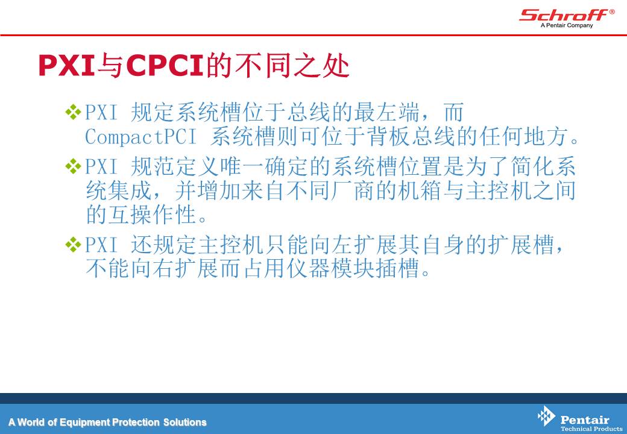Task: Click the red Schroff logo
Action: click(x=564, y=15)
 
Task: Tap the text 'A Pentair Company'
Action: click(x=567, y=25)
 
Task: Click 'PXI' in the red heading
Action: click(x=67, y=65)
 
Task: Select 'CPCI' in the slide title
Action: click(x=165, y=65)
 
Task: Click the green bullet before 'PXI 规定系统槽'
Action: click(x=73, y=112)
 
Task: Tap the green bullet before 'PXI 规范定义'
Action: click(x=73, y=166)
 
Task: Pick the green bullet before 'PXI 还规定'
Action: click(x=73, y=245)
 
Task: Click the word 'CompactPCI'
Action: click(x=140, y=137)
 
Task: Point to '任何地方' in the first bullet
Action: click(x=524, y=137)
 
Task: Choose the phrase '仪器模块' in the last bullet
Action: click(x=330, y=268)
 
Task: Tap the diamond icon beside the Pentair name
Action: click(x=546, y=416)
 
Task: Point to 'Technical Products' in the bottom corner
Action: click(x=591, y=429)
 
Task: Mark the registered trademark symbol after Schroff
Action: click(x=612, y=11)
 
